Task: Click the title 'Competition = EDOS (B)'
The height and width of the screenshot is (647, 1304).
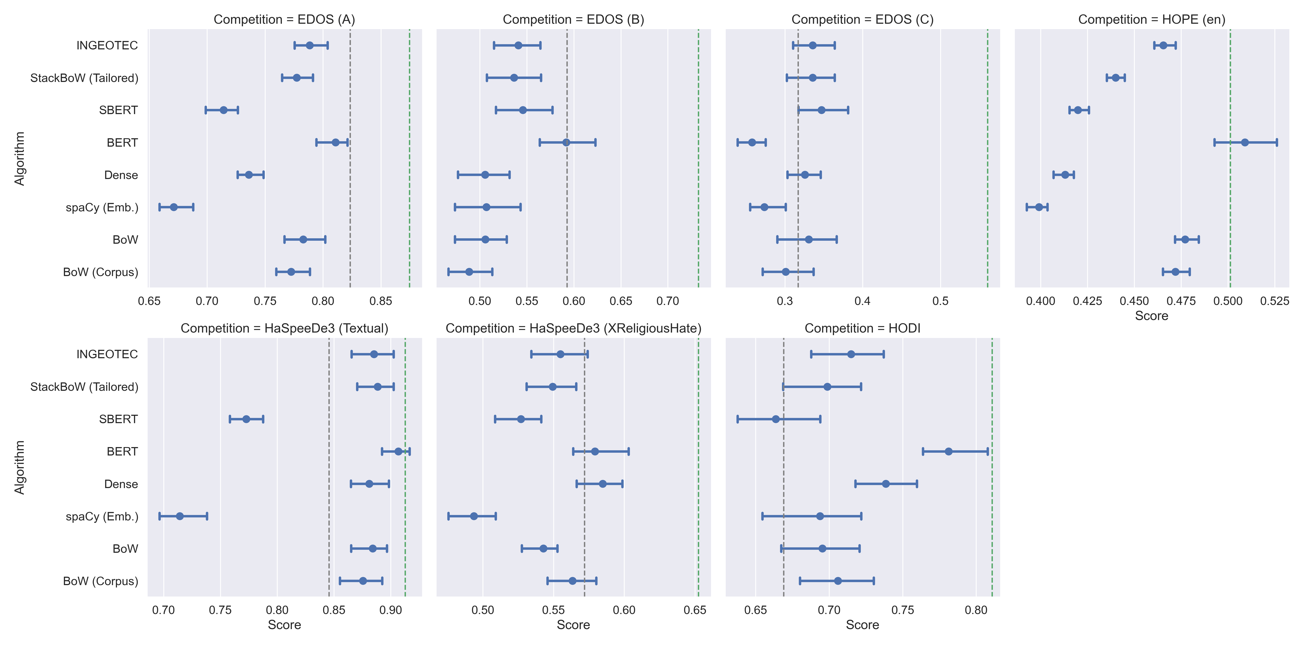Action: (573, 19)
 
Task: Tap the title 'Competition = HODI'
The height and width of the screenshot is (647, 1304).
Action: (862, 328)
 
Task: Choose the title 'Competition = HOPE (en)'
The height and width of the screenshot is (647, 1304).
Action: (1152, 19)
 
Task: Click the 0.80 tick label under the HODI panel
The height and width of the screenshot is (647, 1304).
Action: (976, 610)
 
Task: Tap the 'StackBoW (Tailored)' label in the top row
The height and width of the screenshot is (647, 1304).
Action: (84, 78)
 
